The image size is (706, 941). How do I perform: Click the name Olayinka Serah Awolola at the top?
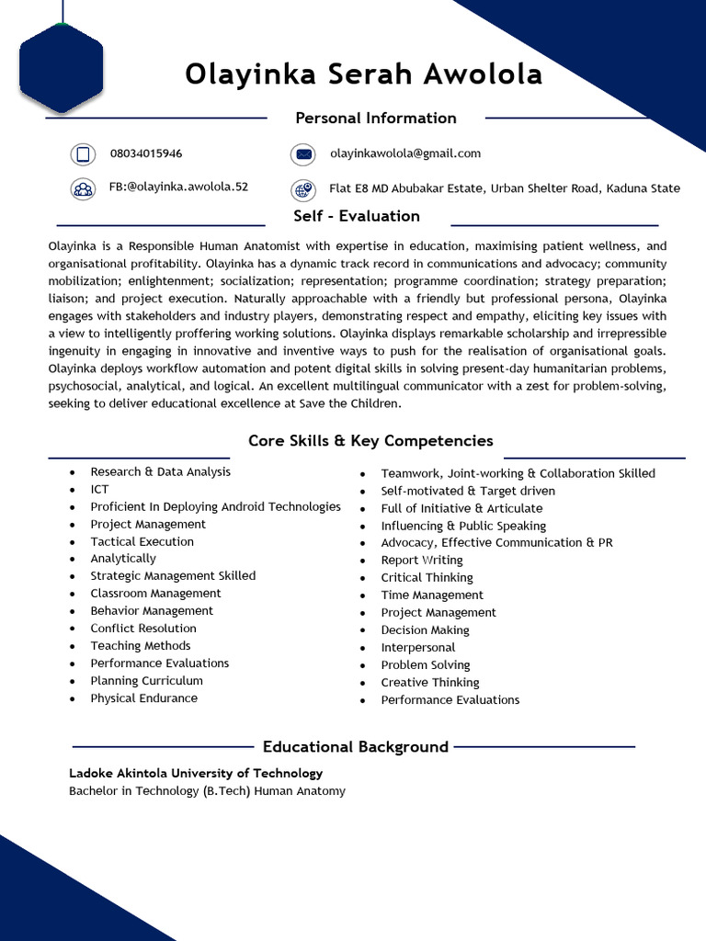[363, 74]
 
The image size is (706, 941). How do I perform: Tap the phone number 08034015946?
[146, 153]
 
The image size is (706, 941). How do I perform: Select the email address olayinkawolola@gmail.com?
[405, 153]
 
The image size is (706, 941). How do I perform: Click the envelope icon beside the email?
[303, 154]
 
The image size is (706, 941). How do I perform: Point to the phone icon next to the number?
[83, 154]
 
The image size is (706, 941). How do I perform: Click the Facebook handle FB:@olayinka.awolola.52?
[178, 187]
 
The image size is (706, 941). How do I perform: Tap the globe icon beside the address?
[303, 189]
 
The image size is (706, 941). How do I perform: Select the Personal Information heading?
[375, 118]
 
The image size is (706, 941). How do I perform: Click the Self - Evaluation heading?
[357, 216]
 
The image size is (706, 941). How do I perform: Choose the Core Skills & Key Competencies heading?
[370, 441]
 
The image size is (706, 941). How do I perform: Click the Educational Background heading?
[355, 746]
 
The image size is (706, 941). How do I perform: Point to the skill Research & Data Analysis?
[160, 471]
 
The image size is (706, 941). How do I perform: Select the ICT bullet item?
[99, 489]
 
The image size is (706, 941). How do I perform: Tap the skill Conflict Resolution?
[143, 629]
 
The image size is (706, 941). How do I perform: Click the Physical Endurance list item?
[143, 698]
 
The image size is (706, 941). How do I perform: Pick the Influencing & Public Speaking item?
[463, 526]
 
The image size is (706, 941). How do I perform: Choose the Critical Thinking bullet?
[427, 578]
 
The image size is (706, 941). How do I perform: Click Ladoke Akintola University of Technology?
[196, 773]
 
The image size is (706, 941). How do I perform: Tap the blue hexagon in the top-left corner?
[61, 69]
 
